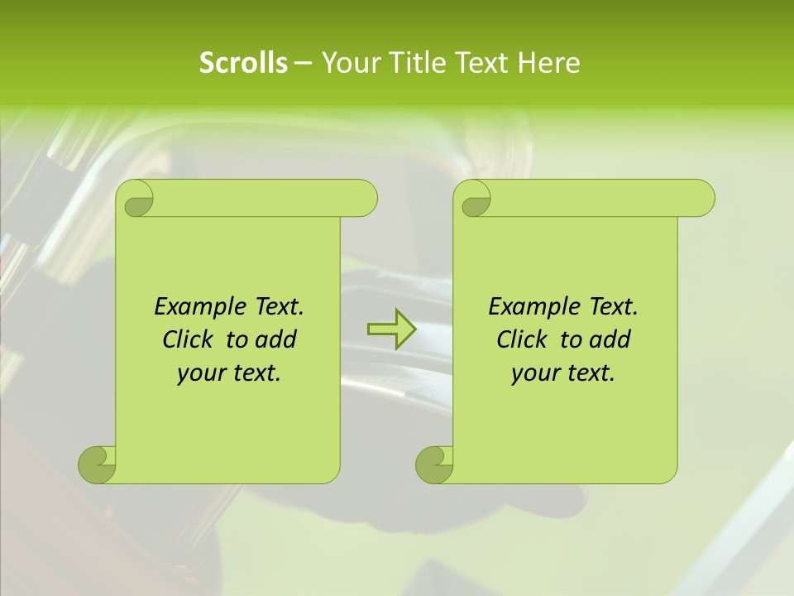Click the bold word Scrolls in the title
click(x=243, y=63)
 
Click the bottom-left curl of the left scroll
click(x=96, y=464)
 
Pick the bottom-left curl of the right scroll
click(x=433, y=464)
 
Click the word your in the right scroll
click(x=533, y=373)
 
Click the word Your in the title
click(x=346, y=63)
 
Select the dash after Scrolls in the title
click(x=303, y=64)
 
